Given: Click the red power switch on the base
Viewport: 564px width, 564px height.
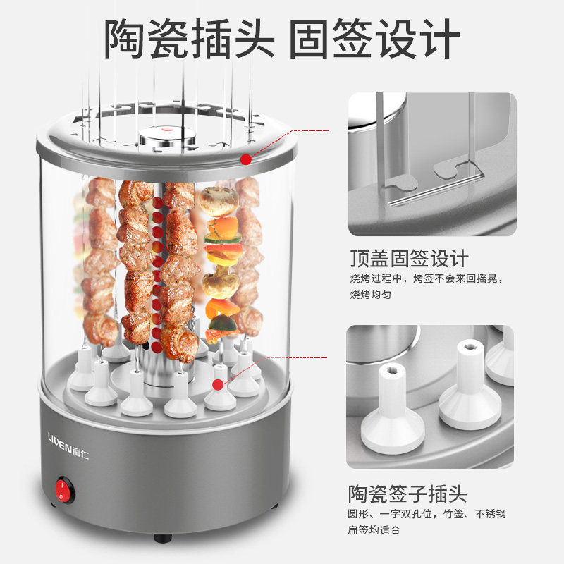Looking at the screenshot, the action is (x=64, y=490).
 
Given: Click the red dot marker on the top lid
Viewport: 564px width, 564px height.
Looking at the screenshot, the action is (x=246, y=159).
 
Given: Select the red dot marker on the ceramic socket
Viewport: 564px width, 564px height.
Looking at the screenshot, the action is (x=218, y=385).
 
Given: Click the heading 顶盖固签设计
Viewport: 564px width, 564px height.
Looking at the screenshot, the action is (x=410, y=258).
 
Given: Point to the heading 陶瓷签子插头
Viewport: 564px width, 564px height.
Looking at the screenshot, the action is (x=407, y=493).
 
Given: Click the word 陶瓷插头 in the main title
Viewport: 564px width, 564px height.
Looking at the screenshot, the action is (x=190, y=39).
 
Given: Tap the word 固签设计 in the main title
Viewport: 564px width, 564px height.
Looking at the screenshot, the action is (x=374, y=39).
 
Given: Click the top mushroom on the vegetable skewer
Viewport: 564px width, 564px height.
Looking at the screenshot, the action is (x=219, y=201).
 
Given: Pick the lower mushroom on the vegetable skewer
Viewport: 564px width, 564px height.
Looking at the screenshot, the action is (x=221, y=284).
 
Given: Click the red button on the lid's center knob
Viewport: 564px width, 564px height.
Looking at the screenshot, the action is (x=166, y=129).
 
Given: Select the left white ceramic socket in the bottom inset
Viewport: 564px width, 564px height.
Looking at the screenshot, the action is (x=393, y=410).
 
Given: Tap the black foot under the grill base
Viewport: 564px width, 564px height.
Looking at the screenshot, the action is (x=163, y=538).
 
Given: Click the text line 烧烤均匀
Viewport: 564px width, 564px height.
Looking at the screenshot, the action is (x=371, y=294).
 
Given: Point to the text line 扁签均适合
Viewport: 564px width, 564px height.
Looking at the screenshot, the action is (x=374, y=529).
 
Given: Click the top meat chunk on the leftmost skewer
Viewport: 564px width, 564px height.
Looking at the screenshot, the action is (x=101, y=192).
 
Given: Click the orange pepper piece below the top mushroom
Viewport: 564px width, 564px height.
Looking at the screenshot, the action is (x=223, y=226).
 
